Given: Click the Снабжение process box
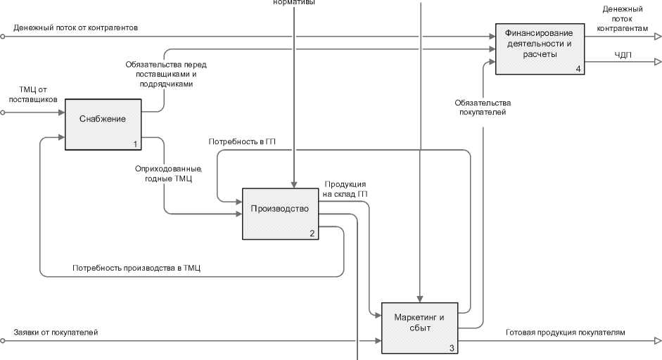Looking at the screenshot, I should click(x=104, y=124).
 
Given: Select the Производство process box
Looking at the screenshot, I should click(x=280, y=214).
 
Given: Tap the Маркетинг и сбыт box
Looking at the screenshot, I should click(x=420, y=328).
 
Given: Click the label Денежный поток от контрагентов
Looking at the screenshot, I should click(x=75, y=27).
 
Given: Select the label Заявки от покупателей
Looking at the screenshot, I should click(x=56, y=332).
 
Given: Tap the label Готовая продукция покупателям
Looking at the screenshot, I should click(x=565, y=332).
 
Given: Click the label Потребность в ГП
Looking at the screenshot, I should click(x=241, y=141).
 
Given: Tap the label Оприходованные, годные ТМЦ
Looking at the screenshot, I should click(x=168, y=174).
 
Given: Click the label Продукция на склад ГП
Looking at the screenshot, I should click(x=345, y=189).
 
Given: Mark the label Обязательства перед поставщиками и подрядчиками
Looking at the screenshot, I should click(x=166, y=74).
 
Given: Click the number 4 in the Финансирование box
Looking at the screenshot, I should click(x=578, y=68).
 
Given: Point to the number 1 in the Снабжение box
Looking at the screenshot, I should click(x=135, y=144).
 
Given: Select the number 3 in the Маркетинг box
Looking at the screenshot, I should click(x=452, y=347).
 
